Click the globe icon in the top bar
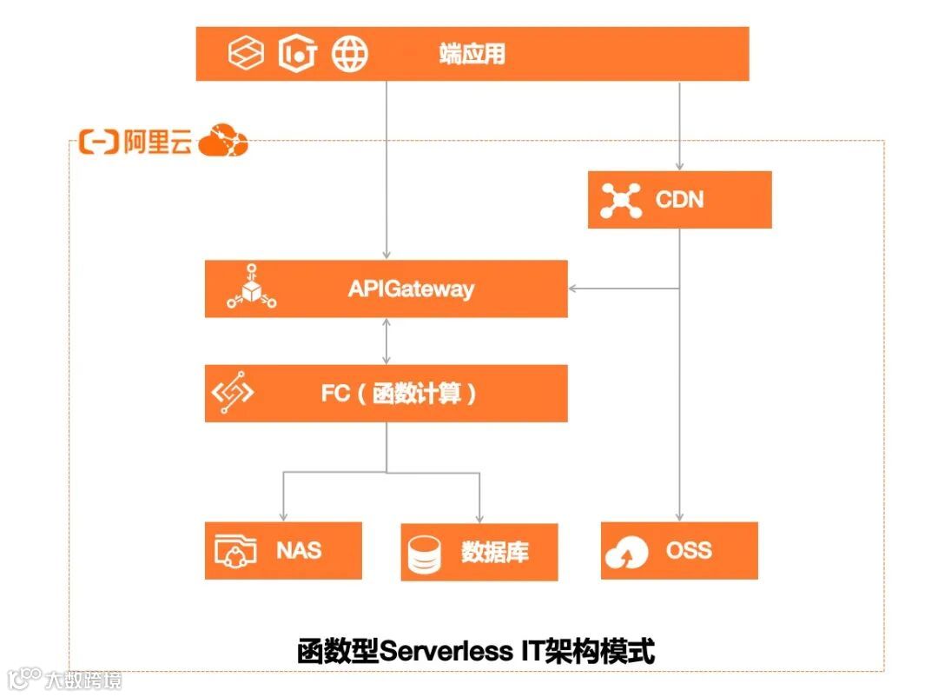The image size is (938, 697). click(349, 54)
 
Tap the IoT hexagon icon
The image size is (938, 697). click(297, 54)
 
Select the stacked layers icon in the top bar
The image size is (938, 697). click(246, 54)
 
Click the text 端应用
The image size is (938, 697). click(472, 55)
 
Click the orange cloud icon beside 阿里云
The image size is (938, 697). click(223, 142)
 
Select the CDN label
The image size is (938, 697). click(679, 200)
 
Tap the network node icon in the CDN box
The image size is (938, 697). click(621, 200)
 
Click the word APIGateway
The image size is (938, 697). click(411, 289)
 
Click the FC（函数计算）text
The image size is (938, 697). click(399, 394)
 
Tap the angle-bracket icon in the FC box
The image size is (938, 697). click(233, 394)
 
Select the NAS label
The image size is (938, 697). click(299, 550)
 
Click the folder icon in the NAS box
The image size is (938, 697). click(235, 551)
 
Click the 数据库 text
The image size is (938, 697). click(494, 552)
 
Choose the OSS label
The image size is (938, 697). click(689, 550)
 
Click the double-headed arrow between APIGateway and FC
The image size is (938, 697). click(386, 341)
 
